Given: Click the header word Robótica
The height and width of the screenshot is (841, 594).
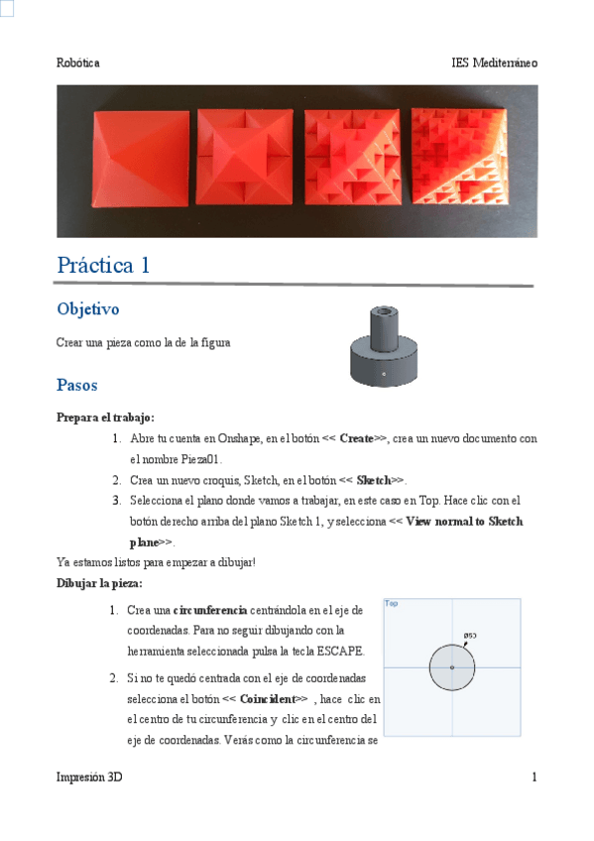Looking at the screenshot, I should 78,62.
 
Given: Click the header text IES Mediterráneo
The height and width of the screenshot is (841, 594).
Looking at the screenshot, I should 494,62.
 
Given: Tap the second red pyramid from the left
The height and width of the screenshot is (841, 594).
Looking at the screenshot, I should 246,159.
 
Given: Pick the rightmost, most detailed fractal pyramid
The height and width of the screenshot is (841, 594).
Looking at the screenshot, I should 458,159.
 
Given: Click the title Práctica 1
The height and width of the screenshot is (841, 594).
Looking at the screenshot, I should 104,266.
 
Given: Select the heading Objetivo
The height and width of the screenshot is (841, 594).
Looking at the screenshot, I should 88,309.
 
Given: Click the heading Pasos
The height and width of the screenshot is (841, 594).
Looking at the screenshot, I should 77,385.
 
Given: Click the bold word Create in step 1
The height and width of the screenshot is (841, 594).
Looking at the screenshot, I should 356,438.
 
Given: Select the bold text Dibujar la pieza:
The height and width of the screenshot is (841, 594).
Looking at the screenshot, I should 99,583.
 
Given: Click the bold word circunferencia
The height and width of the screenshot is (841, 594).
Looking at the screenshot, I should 208,609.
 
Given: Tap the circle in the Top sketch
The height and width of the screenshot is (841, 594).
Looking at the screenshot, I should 452,667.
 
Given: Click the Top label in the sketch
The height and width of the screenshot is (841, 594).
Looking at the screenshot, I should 392,603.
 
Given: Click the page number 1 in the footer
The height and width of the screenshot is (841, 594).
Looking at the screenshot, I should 534,778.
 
